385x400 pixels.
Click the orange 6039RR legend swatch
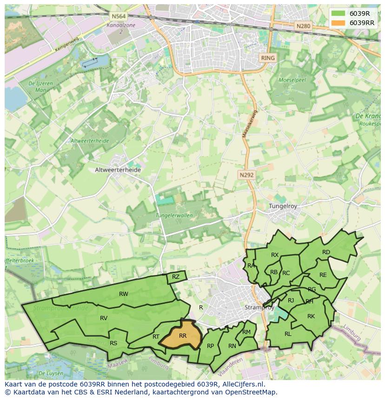[338, 23]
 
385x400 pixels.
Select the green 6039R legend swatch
[338, 13]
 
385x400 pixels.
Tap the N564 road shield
[116, 16]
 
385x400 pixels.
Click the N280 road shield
[303, 26]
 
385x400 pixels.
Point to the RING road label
[268, 58]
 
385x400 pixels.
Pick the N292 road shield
[246, 175]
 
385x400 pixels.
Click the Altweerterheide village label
[118, 170]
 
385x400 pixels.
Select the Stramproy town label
[258, 308]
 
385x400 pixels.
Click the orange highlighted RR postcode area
[182, 335]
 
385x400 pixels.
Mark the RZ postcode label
[175, 277]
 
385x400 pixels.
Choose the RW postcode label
[123, 294]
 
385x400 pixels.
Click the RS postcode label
[113, 343]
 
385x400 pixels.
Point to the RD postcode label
[326, 252]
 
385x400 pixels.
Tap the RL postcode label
[288, 334]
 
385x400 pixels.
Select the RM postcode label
[246, 332]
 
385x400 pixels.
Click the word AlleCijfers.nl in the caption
[242, 384]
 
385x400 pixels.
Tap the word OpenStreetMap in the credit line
[252, 392]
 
